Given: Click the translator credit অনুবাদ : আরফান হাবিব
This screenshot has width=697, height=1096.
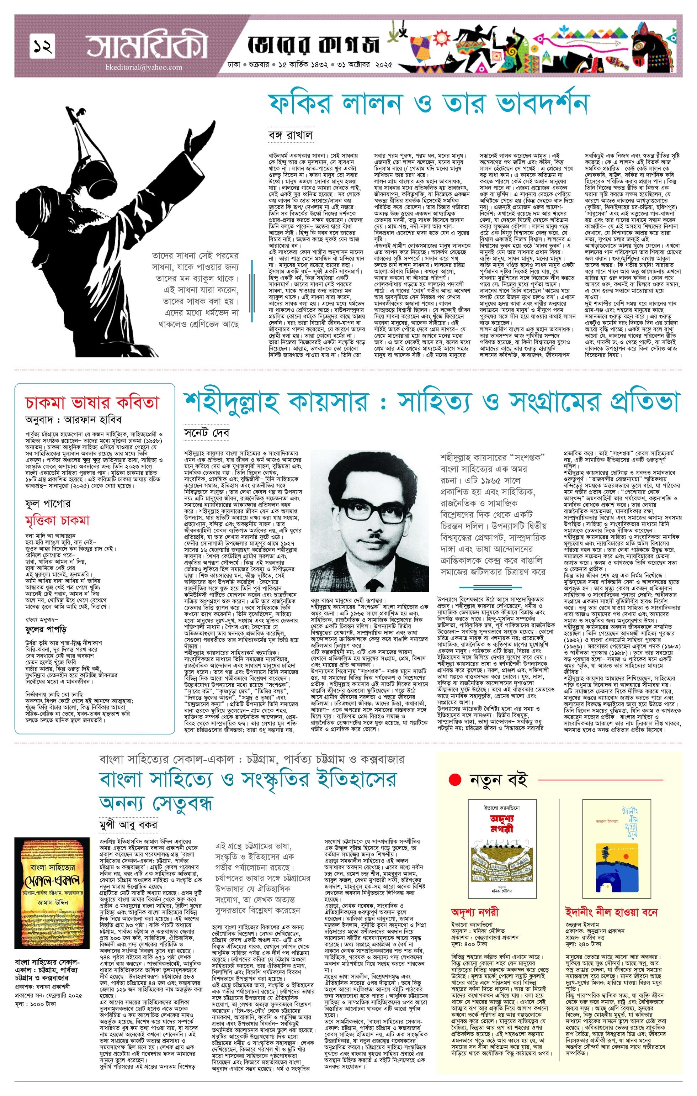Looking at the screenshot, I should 74,419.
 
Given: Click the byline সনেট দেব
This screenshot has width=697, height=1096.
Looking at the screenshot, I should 207,432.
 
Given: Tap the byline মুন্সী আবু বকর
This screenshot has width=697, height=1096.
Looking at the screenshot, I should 129,824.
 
